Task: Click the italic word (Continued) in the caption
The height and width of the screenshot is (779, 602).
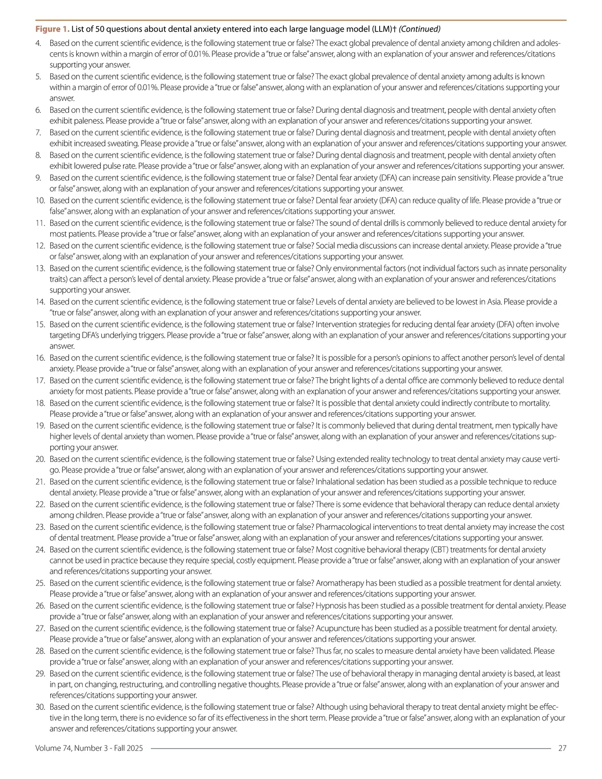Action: [x=420, y=29]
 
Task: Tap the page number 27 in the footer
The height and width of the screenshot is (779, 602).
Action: [x=562, y=748]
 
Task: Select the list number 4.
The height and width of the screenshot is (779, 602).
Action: [x=38, y=43]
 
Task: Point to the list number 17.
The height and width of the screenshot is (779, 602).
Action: [x=40, y=380]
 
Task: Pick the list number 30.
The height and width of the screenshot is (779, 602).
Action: [x=40, y=707]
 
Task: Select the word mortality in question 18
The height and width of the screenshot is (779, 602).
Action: [x=534, y=403]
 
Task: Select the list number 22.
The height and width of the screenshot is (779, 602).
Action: [x=40, y=504]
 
